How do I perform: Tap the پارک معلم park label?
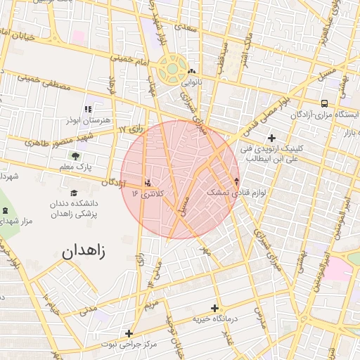pos(75,167)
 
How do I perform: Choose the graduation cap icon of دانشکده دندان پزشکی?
pos(74,193)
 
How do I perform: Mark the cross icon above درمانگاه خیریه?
pos(214,308)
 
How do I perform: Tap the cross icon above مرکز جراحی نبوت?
pos(128,333)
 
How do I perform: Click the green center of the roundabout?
pos(171,70)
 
